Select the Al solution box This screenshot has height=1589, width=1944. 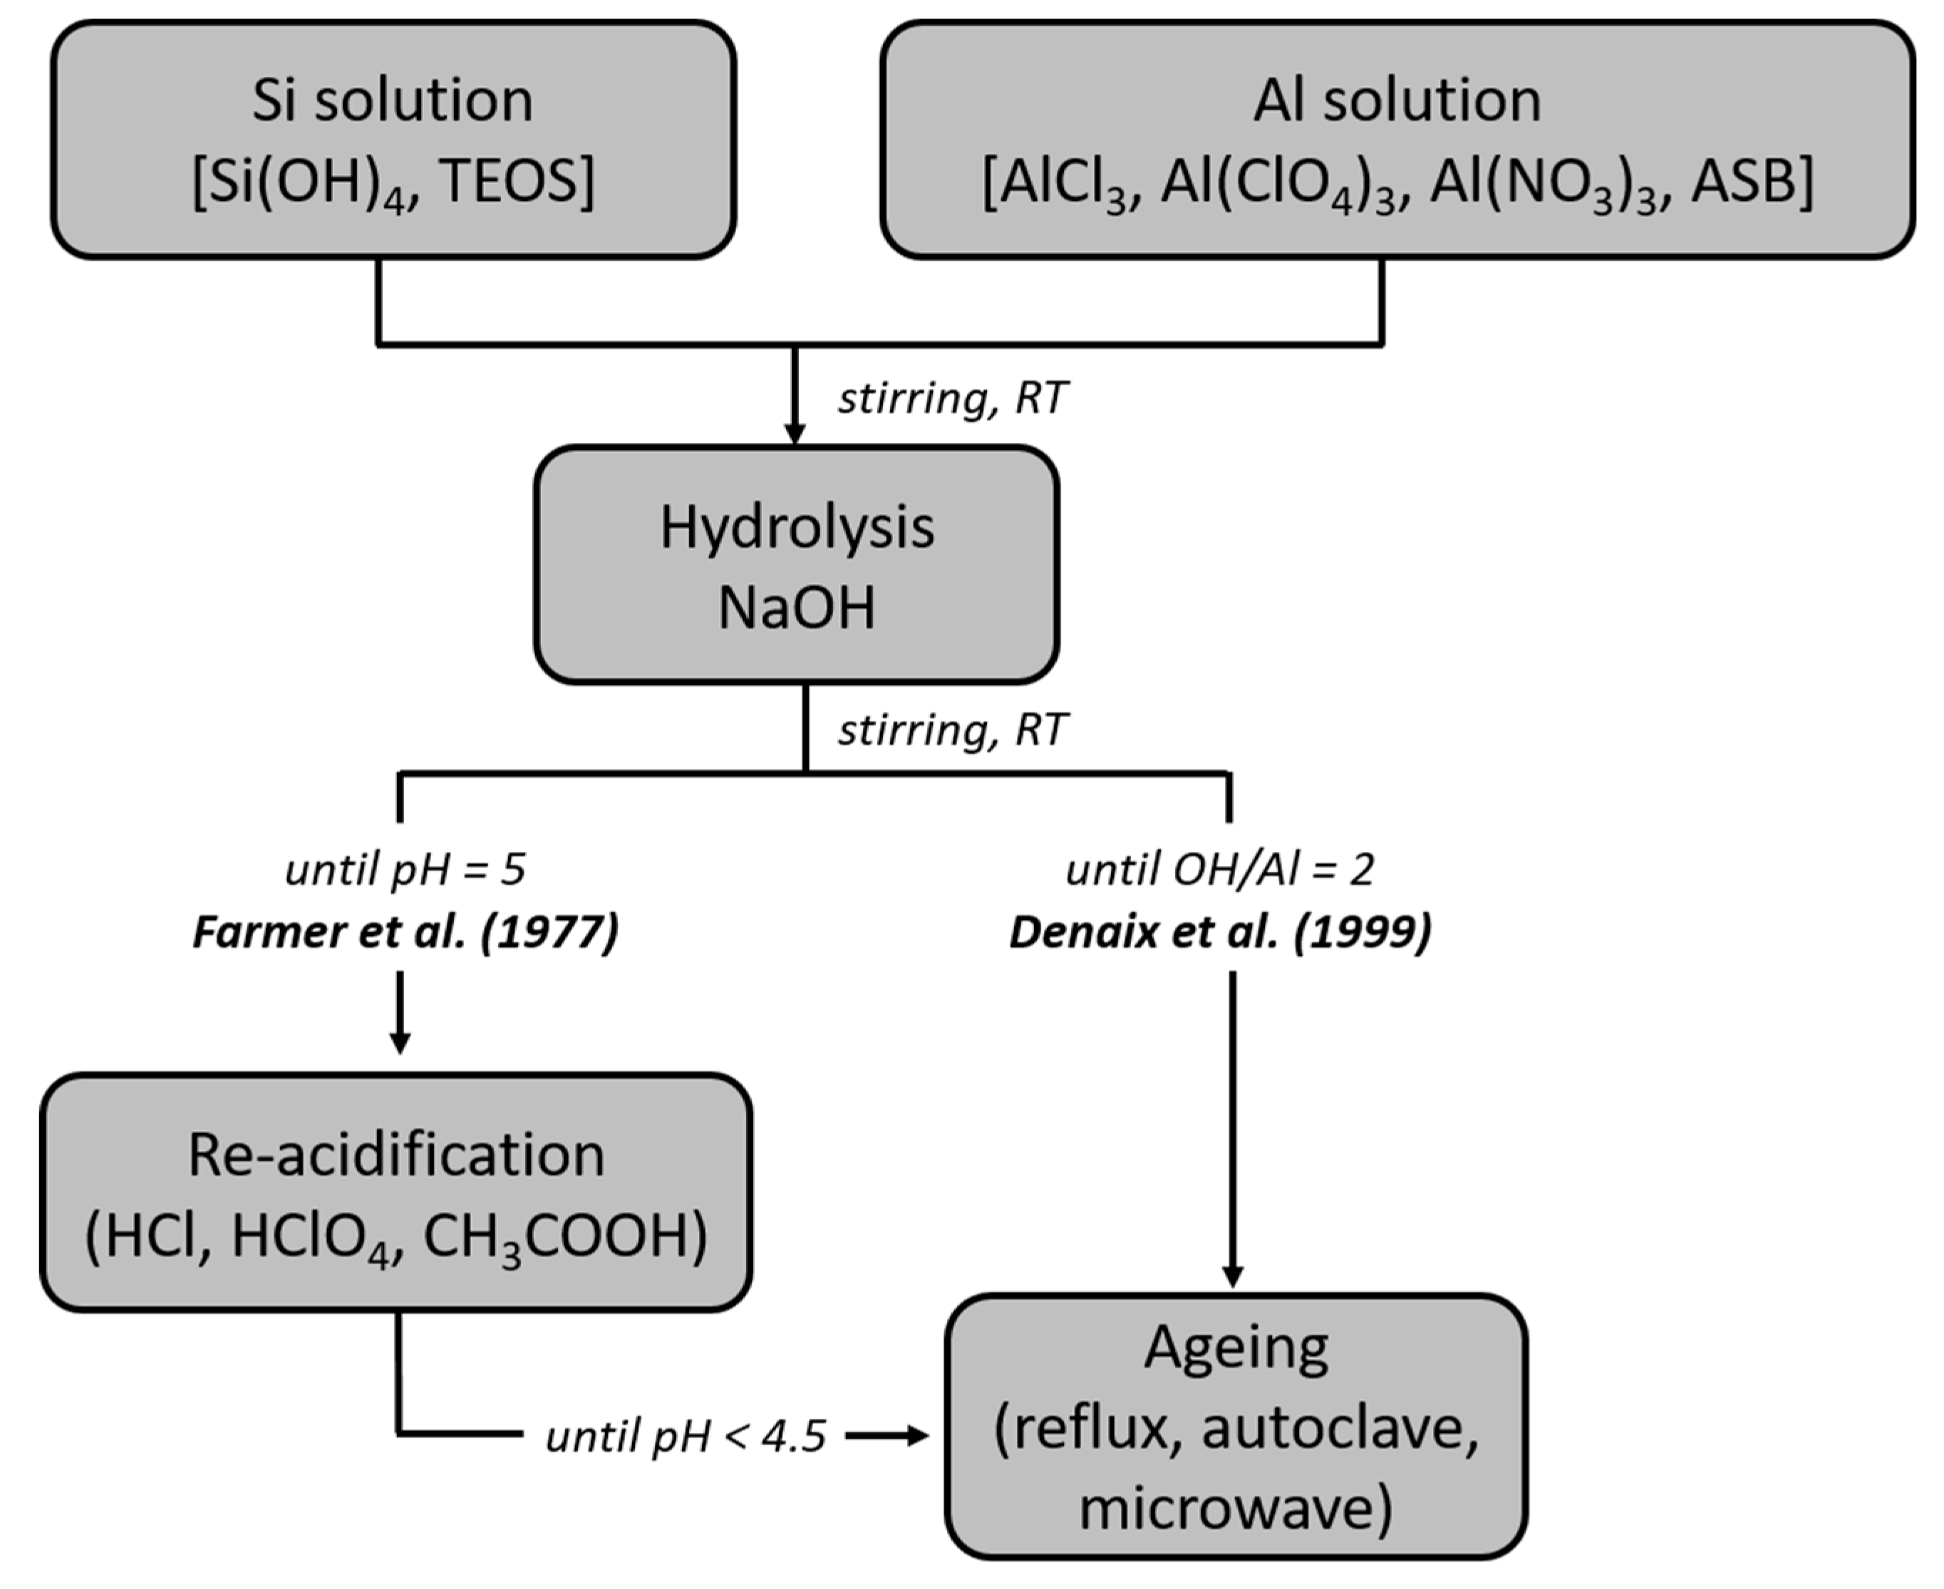tap(1397, 139)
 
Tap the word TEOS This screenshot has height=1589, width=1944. tap(515, 181)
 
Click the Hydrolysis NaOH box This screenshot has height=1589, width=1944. tap(797, 565)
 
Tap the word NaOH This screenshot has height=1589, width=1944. tap(797, 607)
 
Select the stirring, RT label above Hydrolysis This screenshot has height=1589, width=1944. tap(952, 398)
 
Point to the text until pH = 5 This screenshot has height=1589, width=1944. tap(405, 870)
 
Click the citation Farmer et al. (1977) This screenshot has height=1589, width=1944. tap(405, 932)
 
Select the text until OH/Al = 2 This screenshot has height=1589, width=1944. tap(1220, 870)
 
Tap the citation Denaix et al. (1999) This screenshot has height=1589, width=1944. tap(1220, 932)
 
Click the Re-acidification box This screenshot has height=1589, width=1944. tap(395, 1193)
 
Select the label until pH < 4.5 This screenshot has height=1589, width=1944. tap(686, 1436)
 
